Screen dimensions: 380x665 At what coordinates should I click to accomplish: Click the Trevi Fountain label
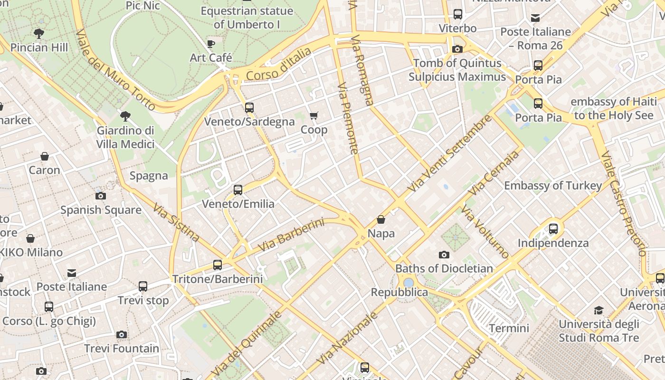(122, 348)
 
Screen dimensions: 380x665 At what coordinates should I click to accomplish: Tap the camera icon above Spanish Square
(100, 196)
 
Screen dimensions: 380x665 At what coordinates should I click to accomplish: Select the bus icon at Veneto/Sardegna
(249, 108)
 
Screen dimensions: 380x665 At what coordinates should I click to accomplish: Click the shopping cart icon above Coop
(313, 116)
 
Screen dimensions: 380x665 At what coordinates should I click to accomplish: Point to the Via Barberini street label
(291, 235)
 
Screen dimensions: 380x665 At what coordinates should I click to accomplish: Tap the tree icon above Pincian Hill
(39, 34)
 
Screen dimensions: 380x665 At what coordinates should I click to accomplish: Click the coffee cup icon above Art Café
(211, 44)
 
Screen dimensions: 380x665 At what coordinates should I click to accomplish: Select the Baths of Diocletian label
(444, 268)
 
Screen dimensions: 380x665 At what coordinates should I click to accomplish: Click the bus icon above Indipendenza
(553, 229)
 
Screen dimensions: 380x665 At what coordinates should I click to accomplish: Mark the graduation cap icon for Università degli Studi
(598, 310)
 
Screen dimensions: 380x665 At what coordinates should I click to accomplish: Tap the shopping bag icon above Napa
(381, 219)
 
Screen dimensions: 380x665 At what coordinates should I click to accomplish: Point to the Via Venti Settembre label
(450, 153)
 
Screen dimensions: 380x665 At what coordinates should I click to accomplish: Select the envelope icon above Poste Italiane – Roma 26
(535, 18)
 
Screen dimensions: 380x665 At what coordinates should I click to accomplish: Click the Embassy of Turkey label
(553, 186)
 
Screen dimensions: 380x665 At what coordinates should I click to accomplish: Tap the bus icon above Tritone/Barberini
(218, 265)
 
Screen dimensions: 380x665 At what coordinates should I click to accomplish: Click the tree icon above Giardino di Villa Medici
(125, 116)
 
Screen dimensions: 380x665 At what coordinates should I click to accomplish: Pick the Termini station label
(509, 328)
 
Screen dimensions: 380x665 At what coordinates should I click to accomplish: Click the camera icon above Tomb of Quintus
(457, 49)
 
